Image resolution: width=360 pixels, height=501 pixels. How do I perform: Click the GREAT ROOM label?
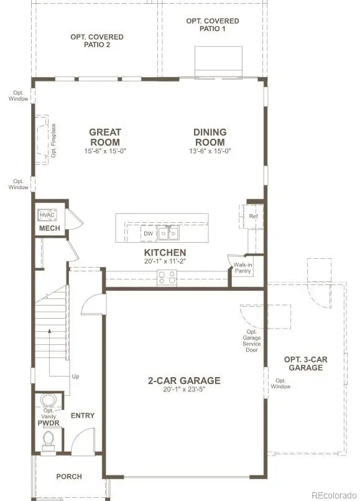tap(104, 137)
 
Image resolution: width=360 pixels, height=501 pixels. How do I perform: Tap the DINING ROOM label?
tap(210, 137)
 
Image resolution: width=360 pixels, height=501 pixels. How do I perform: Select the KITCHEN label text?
tap(165, 253)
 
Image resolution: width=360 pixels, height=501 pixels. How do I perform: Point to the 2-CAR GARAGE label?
tap(184, 380)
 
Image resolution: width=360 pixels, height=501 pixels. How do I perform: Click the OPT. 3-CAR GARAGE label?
tap(305, 363)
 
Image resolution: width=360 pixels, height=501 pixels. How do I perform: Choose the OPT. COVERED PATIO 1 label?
tap(212, 25)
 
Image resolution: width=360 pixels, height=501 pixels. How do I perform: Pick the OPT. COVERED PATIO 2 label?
tap(96, 41)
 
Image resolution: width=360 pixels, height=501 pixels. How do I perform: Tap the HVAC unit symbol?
tap(48, 215)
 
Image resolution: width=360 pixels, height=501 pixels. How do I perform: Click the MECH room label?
tap(50, 228)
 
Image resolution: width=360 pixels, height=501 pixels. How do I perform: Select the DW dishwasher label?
tap(148, 234)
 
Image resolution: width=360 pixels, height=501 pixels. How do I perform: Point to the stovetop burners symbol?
tap(167, 278)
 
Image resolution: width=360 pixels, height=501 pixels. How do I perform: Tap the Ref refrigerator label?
tap(253, 216)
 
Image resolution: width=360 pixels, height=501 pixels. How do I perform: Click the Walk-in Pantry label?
tap(242, 268)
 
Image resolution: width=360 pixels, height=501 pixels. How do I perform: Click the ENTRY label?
tap(83, 415)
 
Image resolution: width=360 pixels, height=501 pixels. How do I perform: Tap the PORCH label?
tap(69, 477)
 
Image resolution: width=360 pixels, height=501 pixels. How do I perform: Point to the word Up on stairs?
tap(76, 377)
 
